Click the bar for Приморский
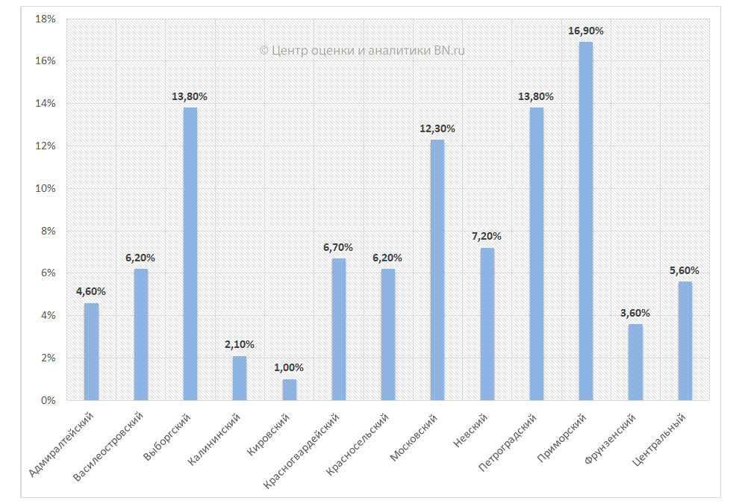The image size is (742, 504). (x=586, y=221)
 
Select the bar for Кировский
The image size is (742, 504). (x=289, y=390)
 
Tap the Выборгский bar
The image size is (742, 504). (x=190, y=254)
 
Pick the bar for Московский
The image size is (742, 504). (x=437, y=270)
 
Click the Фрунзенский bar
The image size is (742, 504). (x=635, y=362)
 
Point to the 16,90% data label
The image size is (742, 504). (x=586, y=31)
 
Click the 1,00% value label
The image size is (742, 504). (x=289, y=367)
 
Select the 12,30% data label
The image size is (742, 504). (x=437, y=128)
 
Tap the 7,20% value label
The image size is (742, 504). (x=487, y=236)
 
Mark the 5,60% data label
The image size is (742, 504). (x=685, y=270)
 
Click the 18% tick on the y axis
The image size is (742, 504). (x=46, y=19)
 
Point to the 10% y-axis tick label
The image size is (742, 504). (x=46, y=188)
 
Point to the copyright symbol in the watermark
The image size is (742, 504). (x=264, y=51)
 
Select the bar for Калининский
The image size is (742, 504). (x=240, y=378)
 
